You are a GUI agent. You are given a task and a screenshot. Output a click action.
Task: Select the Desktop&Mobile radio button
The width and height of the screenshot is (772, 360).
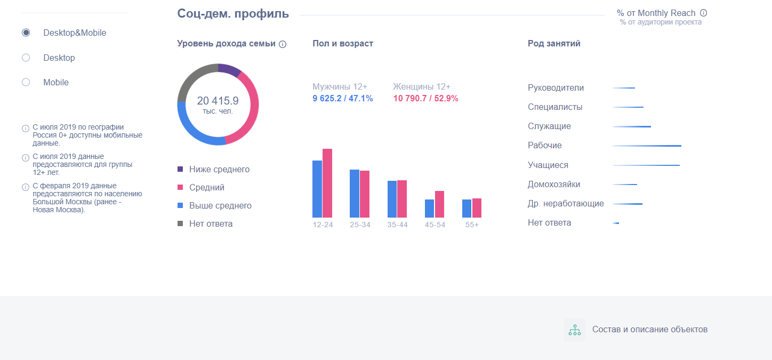(26, 33)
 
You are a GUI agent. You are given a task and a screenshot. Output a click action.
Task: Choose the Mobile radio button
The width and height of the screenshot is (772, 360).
(26, 82)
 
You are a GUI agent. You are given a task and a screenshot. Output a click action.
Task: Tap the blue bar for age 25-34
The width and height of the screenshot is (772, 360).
(355, 193)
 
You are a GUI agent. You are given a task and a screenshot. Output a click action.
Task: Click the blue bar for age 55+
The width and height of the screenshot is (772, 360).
(467, 208)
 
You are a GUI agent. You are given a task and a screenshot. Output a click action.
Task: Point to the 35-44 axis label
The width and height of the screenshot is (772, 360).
(397, 225)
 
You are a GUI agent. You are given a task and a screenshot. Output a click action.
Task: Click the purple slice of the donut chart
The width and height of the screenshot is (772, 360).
(229, 70)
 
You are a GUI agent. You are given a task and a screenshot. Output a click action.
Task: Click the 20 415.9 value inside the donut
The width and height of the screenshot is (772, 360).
(218, 101)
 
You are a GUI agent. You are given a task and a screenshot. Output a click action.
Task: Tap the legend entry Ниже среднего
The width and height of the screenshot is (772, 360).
(219, 170)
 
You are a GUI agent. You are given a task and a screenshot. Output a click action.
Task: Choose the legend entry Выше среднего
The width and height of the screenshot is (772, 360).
(220, 206)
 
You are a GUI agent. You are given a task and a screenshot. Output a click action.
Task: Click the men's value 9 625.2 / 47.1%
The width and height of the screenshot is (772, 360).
(343, 98)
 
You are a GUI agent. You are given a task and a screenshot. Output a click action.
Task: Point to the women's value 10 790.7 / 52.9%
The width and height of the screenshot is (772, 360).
(425, 98)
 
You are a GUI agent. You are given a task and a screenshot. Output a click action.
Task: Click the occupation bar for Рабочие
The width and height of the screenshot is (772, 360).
(647, 146)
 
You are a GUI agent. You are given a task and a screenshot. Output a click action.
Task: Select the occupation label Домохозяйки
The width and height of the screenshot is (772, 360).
(554, 185)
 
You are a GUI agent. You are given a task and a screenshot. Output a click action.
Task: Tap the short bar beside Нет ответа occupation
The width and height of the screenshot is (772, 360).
(616, 223)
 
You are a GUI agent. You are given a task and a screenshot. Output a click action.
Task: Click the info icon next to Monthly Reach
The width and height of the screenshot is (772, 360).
(703, 13)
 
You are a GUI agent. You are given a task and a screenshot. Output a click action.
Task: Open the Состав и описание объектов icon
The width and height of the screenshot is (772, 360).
(575, 330)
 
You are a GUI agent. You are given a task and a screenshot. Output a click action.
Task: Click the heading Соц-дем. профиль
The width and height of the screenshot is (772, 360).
(233, 14)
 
